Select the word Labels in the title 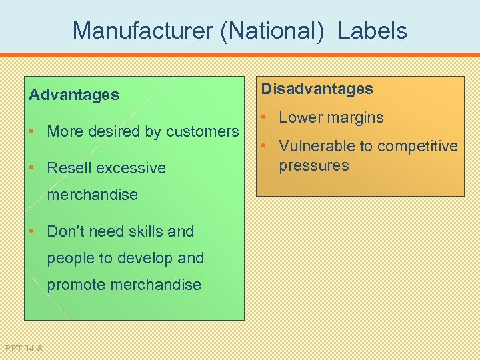(x=372, y=30)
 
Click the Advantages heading (x=73, y=95)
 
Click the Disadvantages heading (x=317, y=89)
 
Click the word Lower (x=300, y=117)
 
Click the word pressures (x=313, y=165)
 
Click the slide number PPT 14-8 (x=23, y=347)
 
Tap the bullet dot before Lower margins (x=265, y=117)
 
